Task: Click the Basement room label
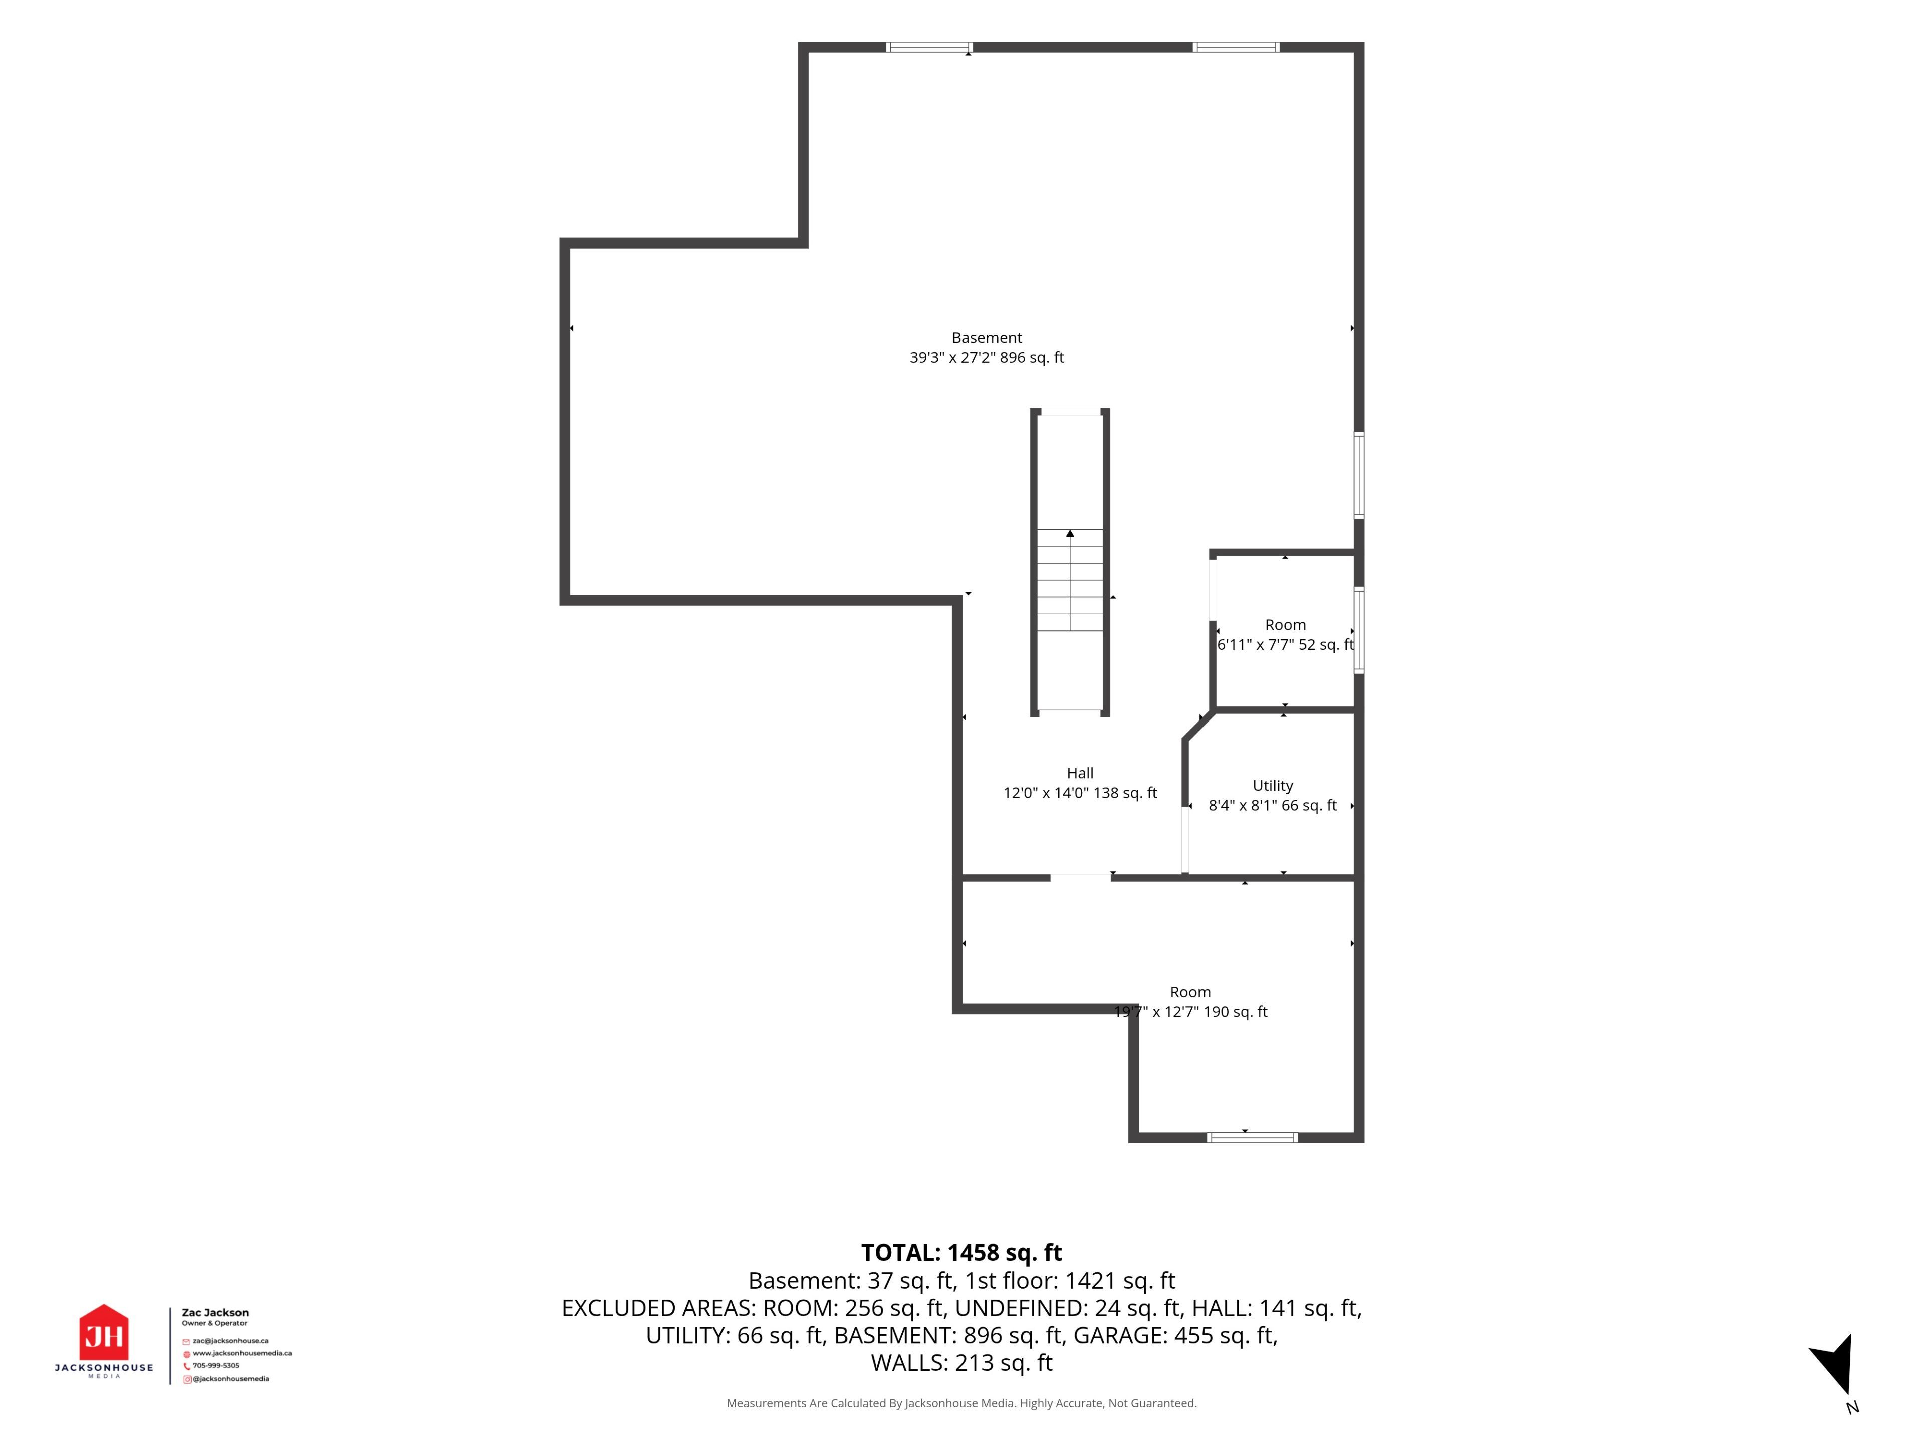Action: [987, 338]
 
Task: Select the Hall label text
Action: [1080, 773]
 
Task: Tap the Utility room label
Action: [1273, 786]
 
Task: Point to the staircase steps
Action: [1070, 580]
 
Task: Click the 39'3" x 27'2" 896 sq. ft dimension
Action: [987, 357]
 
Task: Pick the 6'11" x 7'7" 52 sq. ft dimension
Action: [1286, 644]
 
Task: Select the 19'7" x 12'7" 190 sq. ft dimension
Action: [1191, 1012]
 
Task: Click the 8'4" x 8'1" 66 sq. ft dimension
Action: [1273, 806]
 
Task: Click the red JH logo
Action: [104, 1333]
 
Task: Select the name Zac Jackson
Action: [215, 1313]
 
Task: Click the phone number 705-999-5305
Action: [216, 1365]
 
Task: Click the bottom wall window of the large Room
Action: [1253, 1138]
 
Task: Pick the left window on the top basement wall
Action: [929, 47]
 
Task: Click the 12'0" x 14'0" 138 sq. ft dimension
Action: [1080, 792]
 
